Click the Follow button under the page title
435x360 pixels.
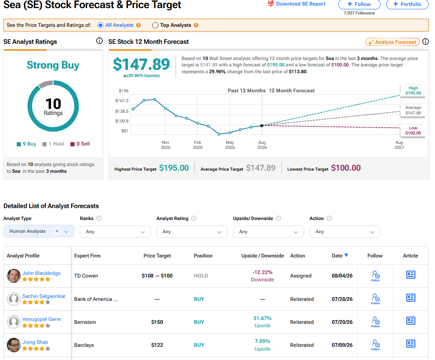click(x=359, y=4)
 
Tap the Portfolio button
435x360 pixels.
click(x=407, y=4)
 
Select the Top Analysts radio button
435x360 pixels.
click(x=155, y=25)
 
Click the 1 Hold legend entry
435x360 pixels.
click(x=53, y=144)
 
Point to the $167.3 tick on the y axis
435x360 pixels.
click(x=122, y=100)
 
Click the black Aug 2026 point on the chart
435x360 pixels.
click(x=262, y=126)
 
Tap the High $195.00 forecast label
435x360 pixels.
click(x=413, y=91)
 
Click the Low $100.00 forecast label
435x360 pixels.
click(x=413, y=131)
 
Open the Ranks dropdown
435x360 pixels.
click(x=115, y=231)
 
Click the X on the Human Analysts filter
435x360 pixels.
click(x=57, y=231)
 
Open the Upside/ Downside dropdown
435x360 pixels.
click(x=268, y=231)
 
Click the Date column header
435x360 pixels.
click(x=340, y=256)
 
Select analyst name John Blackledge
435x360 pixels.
click(x=41, y=273)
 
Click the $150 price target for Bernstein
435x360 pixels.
click(x=157, y=322)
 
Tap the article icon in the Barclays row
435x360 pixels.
click(x=411, y=344)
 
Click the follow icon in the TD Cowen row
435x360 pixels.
click(x=375, y=276)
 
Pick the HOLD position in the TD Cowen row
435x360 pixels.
click(x=201, y=276)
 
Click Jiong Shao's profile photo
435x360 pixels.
click(x=14, y=345)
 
